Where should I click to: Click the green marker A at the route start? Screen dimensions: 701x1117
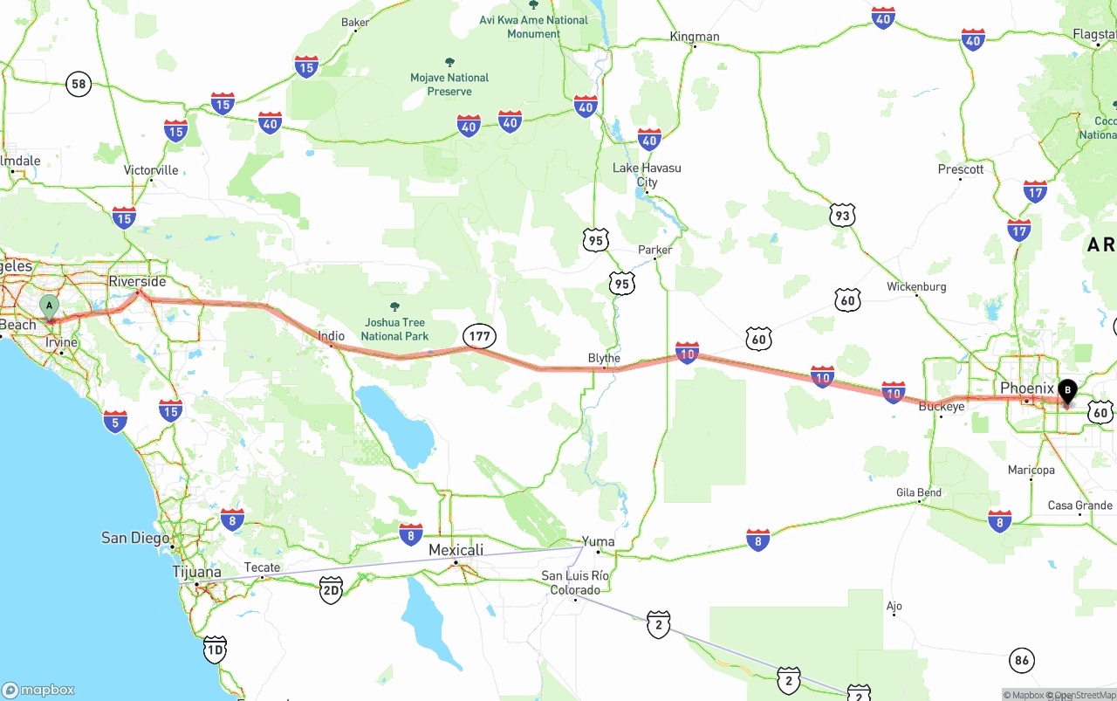(x=50, y=306)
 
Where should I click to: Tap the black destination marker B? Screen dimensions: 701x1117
(x=1066, y=391)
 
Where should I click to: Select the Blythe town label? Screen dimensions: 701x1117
(x=604, y=358)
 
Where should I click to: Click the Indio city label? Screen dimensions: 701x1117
(x=331, y=335)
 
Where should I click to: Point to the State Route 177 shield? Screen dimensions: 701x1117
(x=480, y=335)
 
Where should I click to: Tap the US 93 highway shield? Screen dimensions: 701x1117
(x=841, y=216)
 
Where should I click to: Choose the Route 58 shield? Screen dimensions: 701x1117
(x=79, y=84)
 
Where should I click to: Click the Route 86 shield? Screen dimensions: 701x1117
(x=1022, y=661)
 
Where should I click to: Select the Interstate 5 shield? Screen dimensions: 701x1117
(x=114, y=421)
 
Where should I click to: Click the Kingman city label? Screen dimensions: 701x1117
(x=695, y=36)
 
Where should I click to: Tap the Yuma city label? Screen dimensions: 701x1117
(x=598, y=541)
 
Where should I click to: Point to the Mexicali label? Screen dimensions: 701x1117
(x=456, y=550)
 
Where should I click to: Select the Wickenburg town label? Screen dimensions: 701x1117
(x=916, y=286)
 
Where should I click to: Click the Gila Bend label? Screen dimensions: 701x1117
(x=918, y=492)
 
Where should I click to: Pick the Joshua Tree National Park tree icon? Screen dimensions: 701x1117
(x=394, y=306)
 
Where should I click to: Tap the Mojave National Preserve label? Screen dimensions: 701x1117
(x=449, y=84)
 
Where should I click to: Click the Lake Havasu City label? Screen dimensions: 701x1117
(x=647, y=175)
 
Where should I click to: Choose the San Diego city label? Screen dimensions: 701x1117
(x=135, y=538)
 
